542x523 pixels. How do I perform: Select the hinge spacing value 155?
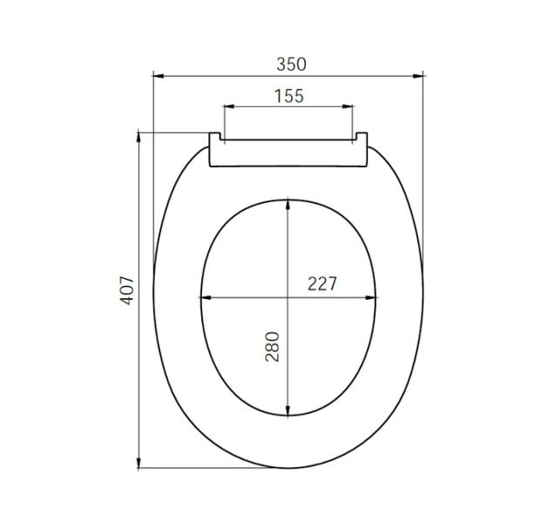coord(288,96)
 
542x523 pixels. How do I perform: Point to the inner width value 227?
coord(322,284)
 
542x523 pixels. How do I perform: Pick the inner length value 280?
coord(272,347)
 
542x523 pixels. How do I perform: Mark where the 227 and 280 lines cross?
coord(288,298)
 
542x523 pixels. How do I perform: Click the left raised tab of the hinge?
coord(215,138)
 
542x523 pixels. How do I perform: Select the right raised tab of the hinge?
coord(362,138)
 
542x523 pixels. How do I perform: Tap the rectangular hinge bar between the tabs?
coord(288,152)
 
